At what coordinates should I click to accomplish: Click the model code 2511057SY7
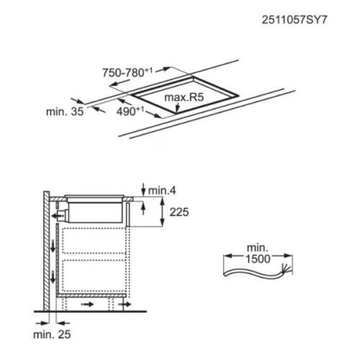295,20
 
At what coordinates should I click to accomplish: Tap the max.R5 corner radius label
184,97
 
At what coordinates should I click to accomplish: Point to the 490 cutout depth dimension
130,111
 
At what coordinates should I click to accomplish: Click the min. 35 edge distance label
65,112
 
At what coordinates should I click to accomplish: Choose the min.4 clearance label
162,191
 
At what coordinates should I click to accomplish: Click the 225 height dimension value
179,212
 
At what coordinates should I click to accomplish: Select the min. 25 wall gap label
52,335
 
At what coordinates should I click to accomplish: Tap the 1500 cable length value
258,259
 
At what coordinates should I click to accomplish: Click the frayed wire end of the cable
286,268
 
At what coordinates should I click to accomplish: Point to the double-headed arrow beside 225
162,212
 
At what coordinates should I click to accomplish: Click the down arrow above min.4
143,190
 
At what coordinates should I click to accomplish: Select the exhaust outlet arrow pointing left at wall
58,216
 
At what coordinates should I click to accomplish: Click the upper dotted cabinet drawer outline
94,241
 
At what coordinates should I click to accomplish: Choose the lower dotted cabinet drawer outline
94,275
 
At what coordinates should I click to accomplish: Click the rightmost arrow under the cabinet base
124,304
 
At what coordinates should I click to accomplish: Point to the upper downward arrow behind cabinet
53,246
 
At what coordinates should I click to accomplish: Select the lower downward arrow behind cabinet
53,277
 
